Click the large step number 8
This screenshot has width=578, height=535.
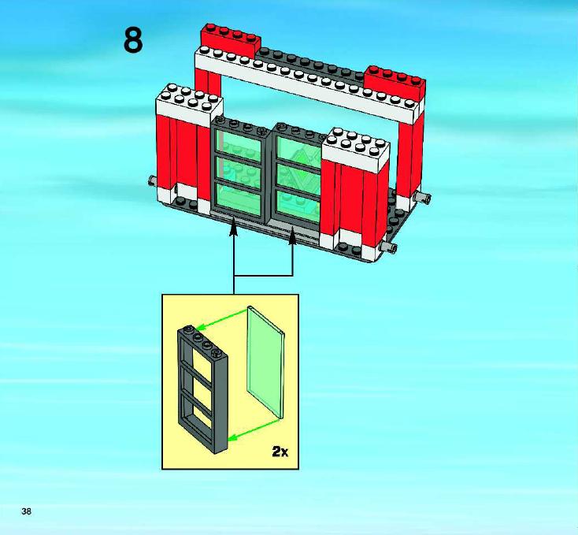pyautogui.click(x=133, y=41)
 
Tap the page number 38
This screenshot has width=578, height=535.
pyautogui.click(x=27, y=511)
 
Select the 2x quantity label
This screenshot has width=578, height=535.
pyautogui.click(x=280, y=451)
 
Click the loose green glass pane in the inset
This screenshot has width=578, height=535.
pyautogui.click(x=266, y=362)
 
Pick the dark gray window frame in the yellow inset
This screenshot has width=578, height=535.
pyautogui.click(x=202, y=387)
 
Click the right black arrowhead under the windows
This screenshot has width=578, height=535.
pyautogui.click(x=293, y=236)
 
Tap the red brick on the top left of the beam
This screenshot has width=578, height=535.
pyautogui.click(x=231, y=40)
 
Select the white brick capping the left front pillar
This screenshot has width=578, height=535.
pyautogui.click(x=190, y=104)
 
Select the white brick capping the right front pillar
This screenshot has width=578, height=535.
pyautogui.click(x=356, y=148)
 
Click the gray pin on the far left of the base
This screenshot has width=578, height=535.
pyautogui.click(x=152, y=180)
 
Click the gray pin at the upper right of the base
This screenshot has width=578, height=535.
pyautogui.click(x=423, y=198)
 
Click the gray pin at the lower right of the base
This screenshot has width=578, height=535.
pyautogui.click(x=388, y=247)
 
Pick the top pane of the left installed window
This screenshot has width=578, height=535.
pyautogui.click(x=239, y=144)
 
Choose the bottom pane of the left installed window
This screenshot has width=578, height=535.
pyautogui.click(x=240, y=200)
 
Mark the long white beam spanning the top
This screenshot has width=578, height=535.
pyautogui.click(x=307, y=82)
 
